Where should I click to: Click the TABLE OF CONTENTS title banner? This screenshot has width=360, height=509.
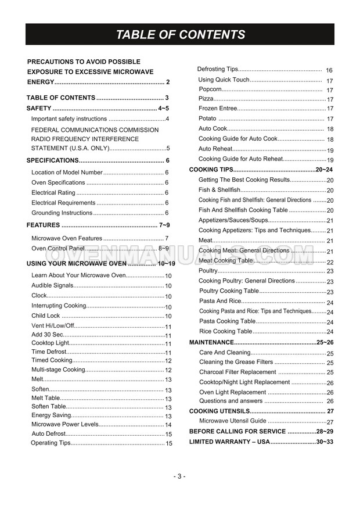pyautogui.click(x=180, y=34)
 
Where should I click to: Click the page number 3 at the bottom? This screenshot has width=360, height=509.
pyautogui.click(x=180, y=476)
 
